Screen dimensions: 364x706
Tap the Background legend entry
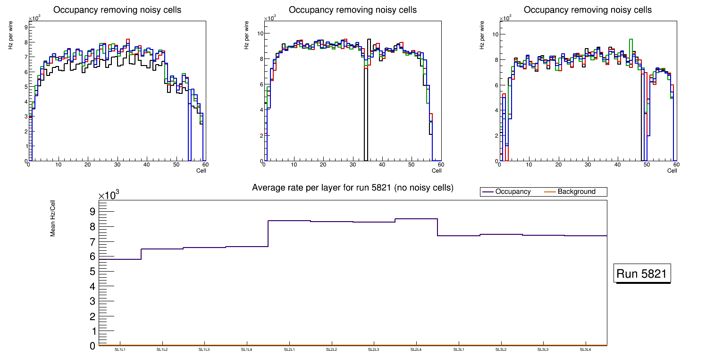coord(576,191)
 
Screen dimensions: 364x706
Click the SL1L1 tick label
coord(120,350)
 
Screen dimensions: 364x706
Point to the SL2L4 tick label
coord(416,350)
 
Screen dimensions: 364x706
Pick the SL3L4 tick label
coord(585,350)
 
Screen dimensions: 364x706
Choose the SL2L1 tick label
coord(289,350)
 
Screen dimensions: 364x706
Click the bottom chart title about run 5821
coord(353,188)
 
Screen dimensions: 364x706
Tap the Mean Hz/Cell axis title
coord(53,220)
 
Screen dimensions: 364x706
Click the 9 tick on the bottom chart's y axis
coord(92,211)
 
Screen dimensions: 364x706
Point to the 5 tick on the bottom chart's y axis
coord(92,272)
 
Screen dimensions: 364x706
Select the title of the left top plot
coord(117,10)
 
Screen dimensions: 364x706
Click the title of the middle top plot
coord(353,10)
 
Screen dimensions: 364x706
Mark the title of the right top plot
coord(588,10)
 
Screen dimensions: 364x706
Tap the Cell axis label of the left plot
coord(201,170)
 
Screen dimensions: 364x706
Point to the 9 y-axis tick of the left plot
coord(25,27)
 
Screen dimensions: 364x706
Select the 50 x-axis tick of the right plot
coord(647,165)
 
